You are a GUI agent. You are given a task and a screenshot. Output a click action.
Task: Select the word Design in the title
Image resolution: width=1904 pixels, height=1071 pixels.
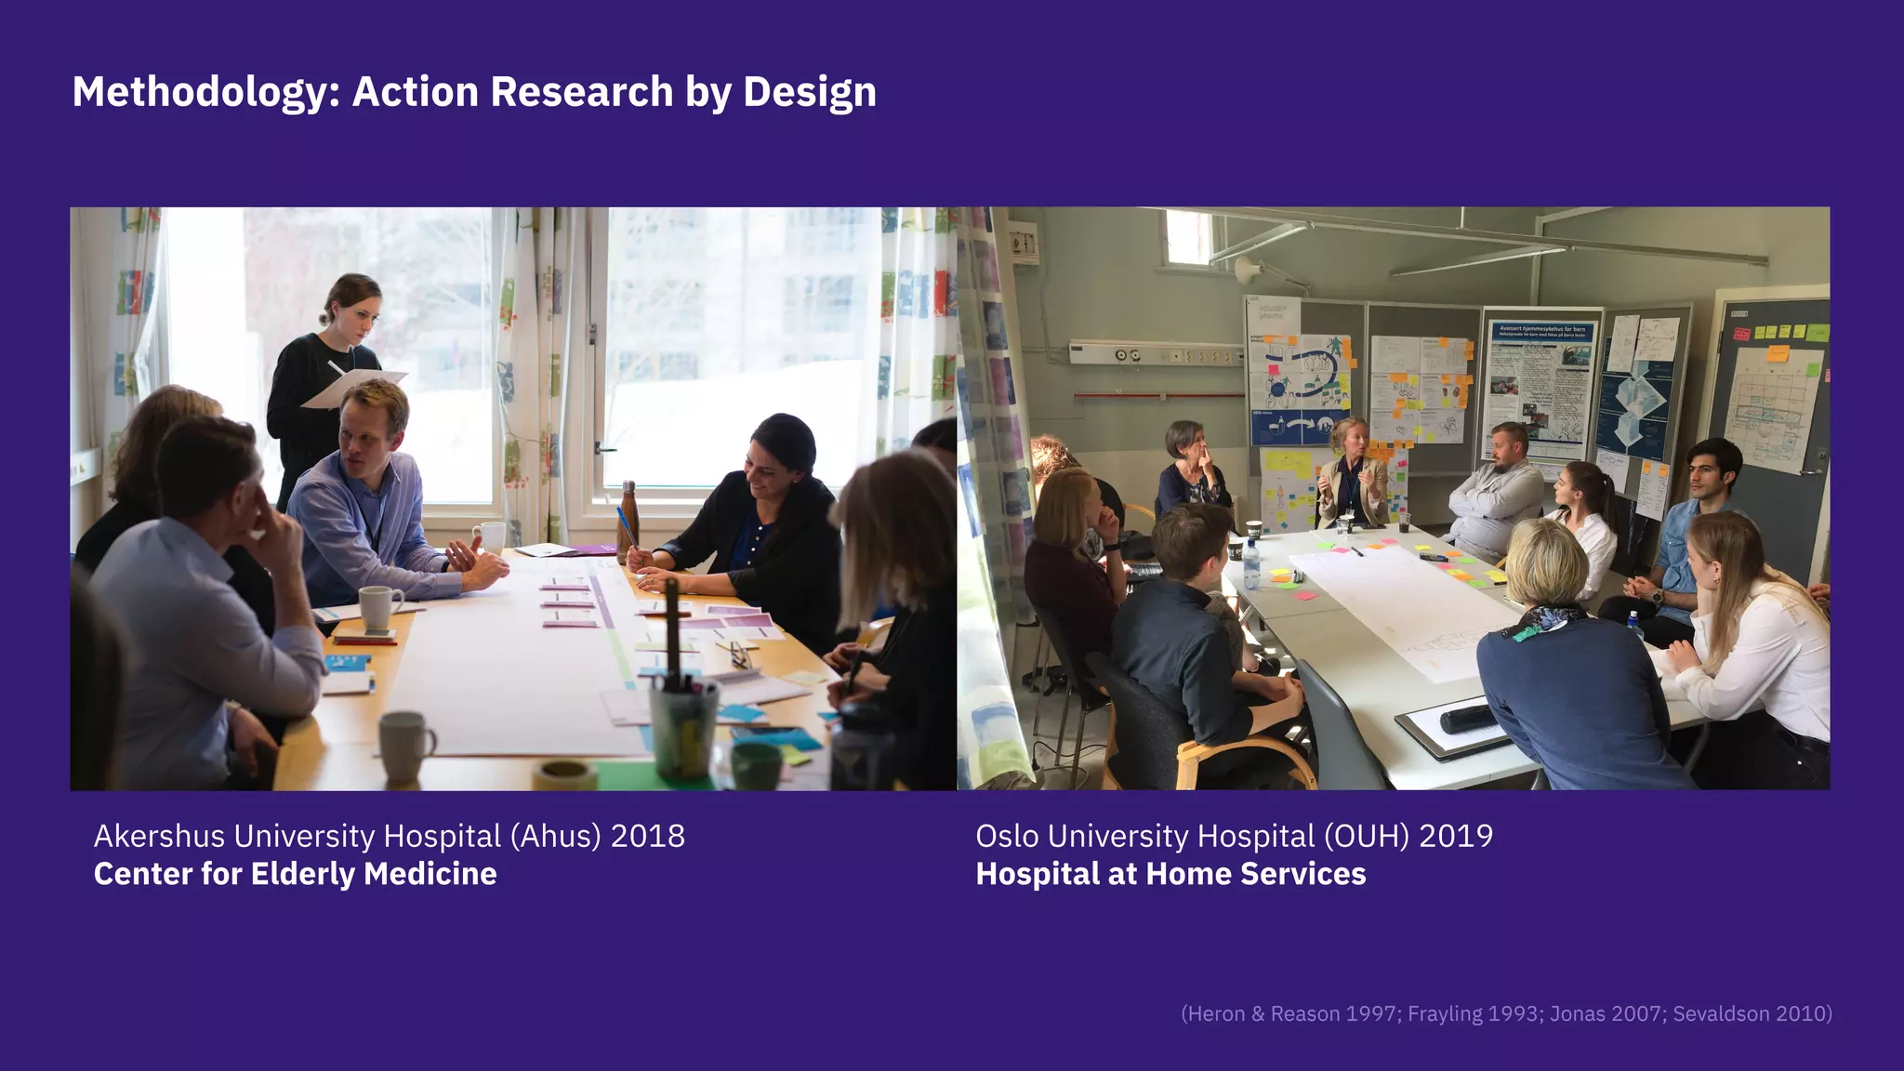[x=809, y=92]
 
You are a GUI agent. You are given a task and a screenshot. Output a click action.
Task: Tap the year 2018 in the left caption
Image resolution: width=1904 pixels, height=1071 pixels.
[x=647, y=836]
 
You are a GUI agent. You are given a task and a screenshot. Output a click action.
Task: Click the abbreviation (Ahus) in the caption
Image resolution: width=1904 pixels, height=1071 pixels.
[x=555, y=836]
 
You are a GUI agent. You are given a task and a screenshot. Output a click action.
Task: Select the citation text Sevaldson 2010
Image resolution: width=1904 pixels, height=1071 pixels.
[x=1752, y=1013]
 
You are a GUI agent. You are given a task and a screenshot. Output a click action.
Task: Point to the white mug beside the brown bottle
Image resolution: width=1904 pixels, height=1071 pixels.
[x=490, y=536]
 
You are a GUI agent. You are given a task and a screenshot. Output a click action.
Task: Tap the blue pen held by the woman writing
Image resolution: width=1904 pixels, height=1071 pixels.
[x=626, y=525]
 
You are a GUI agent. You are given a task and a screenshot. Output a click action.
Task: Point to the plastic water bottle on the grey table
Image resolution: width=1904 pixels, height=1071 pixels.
[x=1251, y=564]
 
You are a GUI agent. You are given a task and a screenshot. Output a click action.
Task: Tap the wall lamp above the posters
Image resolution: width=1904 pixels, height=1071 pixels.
[x=1246, y=270]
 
